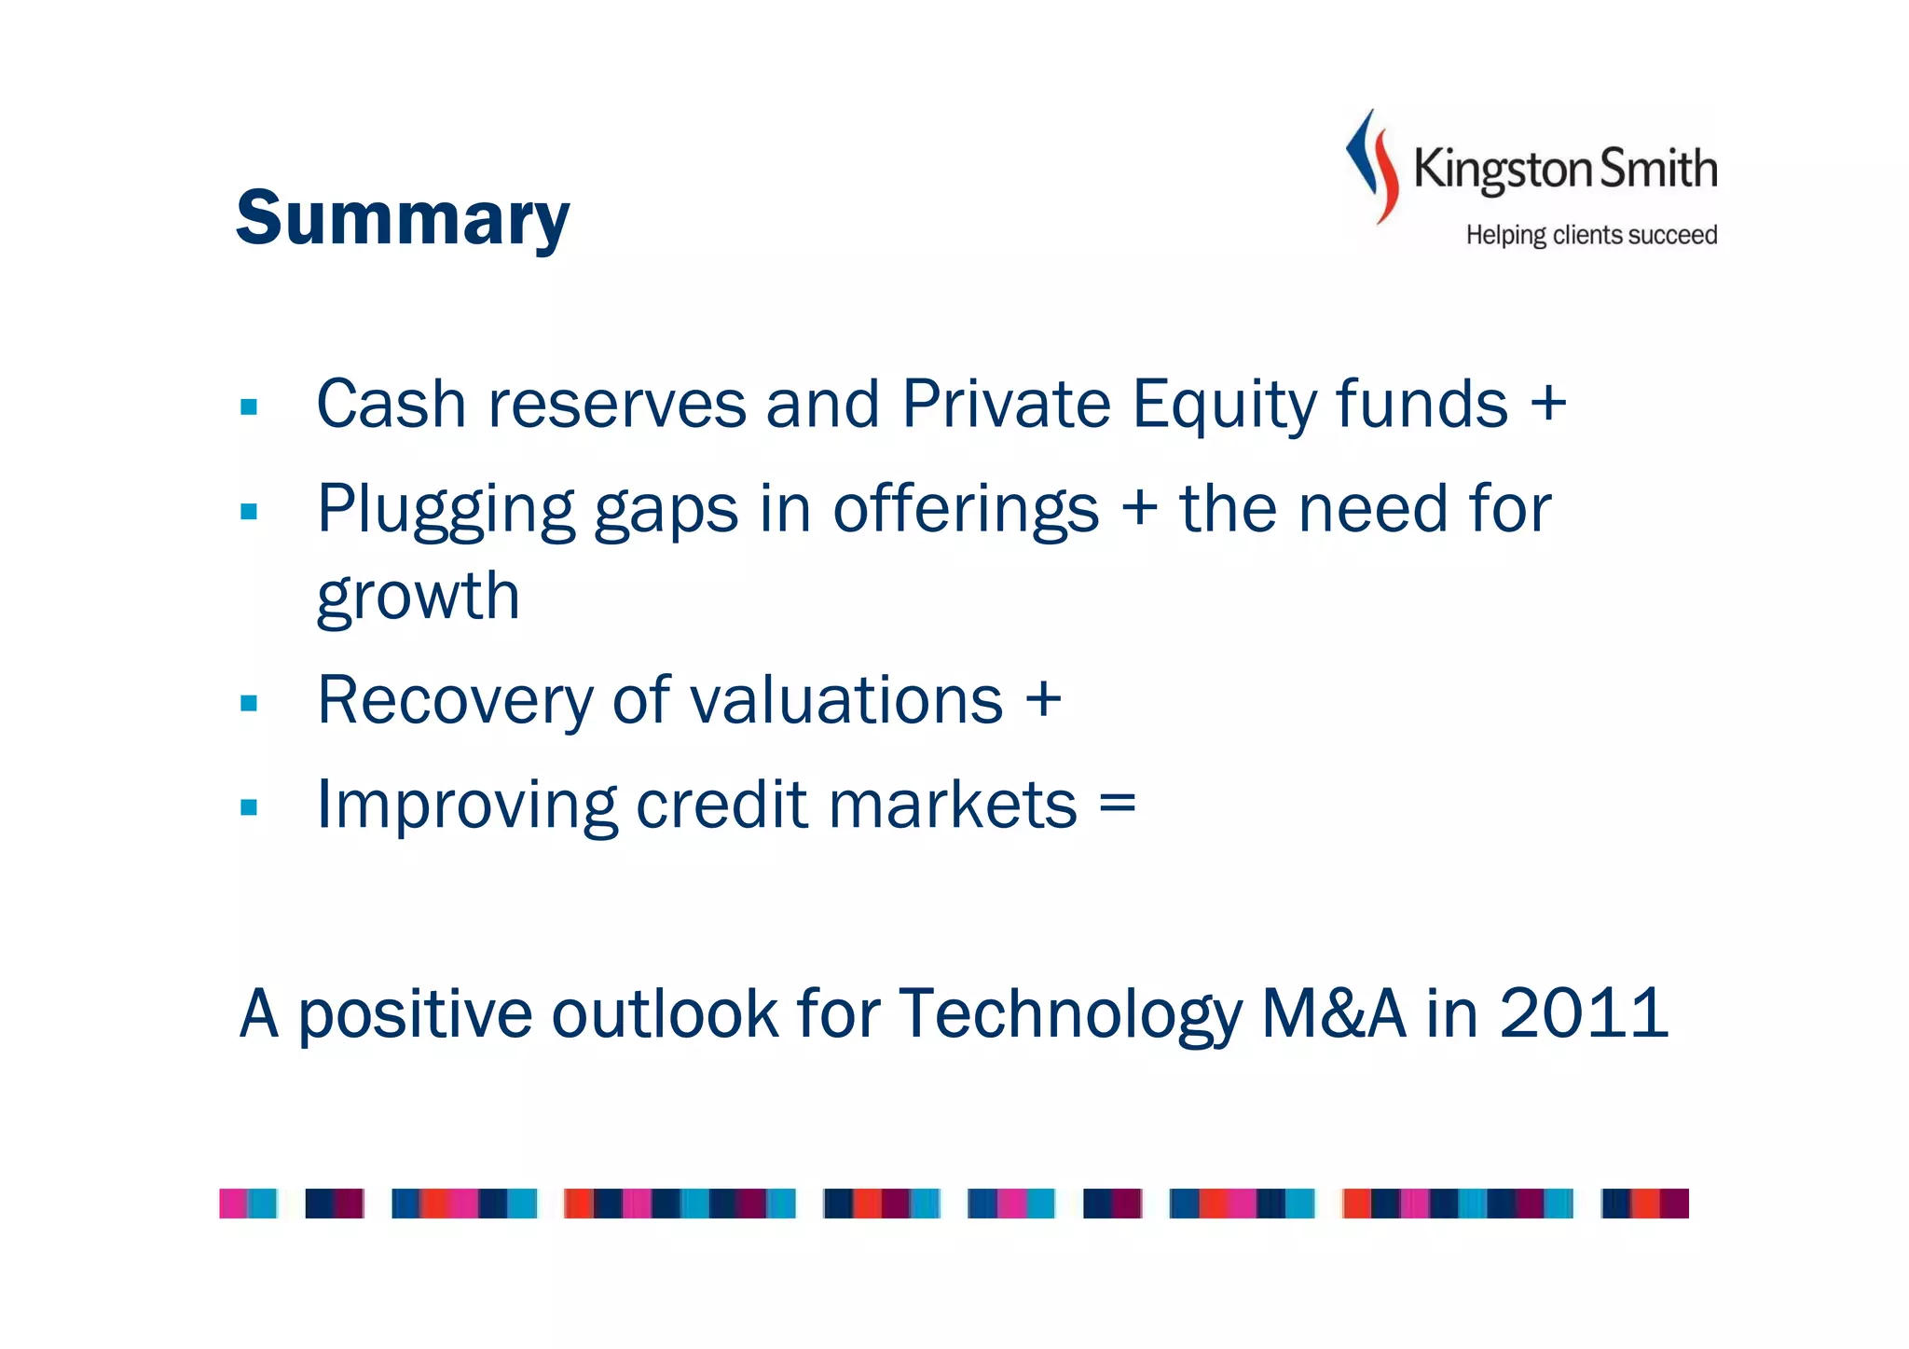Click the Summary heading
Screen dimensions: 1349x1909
pos(403,218)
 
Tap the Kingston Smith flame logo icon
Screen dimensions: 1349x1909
pos(1372,166)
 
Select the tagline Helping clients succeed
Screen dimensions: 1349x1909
pos(1591,235)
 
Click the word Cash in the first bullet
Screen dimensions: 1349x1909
pos(391,405)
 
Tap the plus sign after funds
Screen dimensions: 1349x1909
pos(1548,405)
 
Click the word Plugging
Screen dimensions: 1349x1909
pos(446,511)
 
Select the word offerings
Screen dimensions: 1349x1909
pos(966,511)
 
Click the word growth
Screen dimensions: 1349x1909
pos(418,597)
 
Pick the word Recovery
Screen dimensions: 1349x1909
pos(454,701)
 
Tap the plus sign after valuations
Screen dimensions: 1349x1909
pos(1043,699)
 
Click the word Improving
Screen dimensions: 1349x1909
pos(466,805)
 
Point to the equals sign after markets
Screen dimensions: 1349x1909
pos(1118,804)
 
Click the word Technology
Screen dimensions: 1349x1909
pos(1070,1015)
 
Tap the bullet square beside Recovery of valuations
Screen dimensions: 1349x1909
pos(249,703)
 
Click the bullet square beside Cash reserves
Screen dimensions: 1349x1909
pos(249,407)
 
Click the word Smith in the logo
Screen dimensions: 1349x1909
pos(1659,170)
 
